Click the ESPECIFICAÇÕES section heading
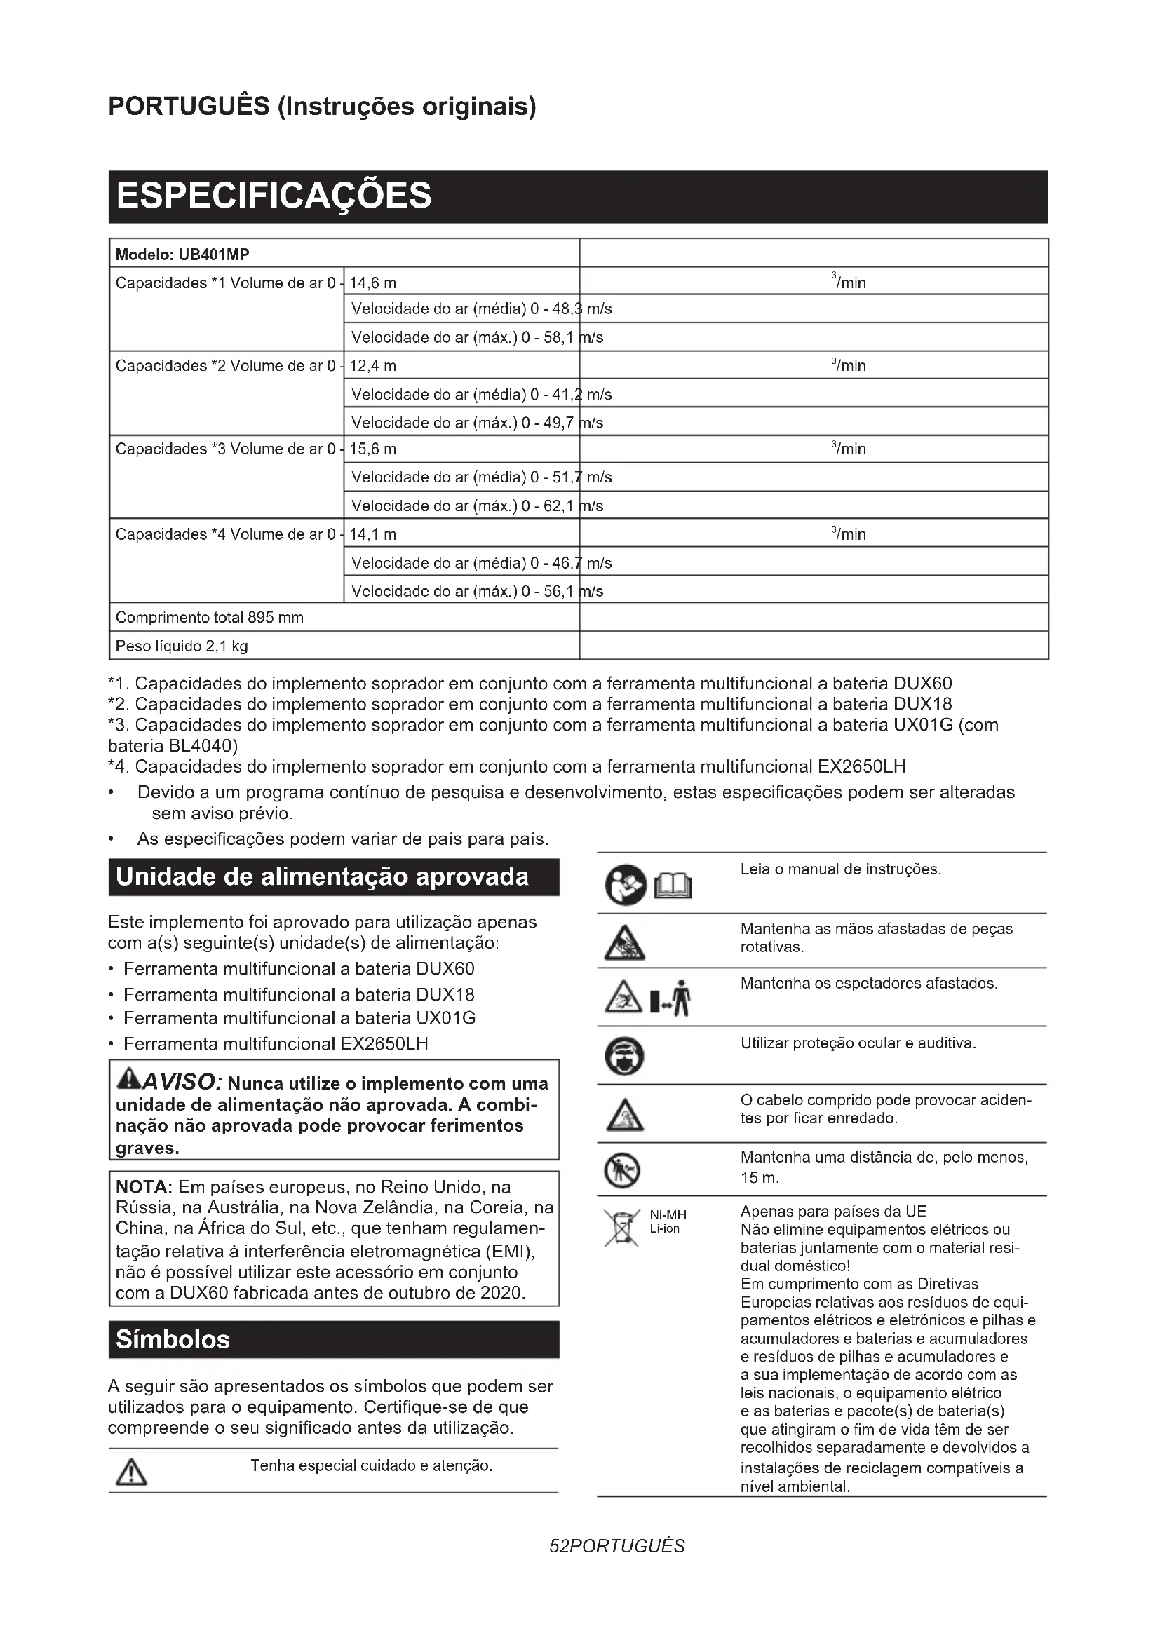tap(274, 196)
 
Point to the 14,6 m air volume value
tap(372, 283)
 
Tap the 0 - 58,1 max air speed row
tap(477, 337)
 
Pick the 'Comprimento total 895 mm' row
tap(209, 617)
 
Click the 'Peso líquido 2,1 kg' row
tap(182, 646)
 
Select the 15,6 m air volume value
tap(372, 449)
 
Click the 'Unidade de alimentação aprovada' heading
tap(322, 876)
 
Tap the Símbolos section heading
tap(173, 1339)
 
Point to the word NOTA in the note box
tap(144, 1187)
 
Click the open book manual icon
tap(673, 886)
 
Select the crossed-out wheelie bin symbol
tap(621, 1228)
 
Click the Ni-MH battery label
tap(667, 1215)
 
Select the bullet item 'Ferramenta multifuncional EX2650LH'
tap(276, 1043)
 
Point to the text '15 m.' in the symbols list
tap(760, 1177)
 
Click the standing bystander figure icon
tap(681, 997)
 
